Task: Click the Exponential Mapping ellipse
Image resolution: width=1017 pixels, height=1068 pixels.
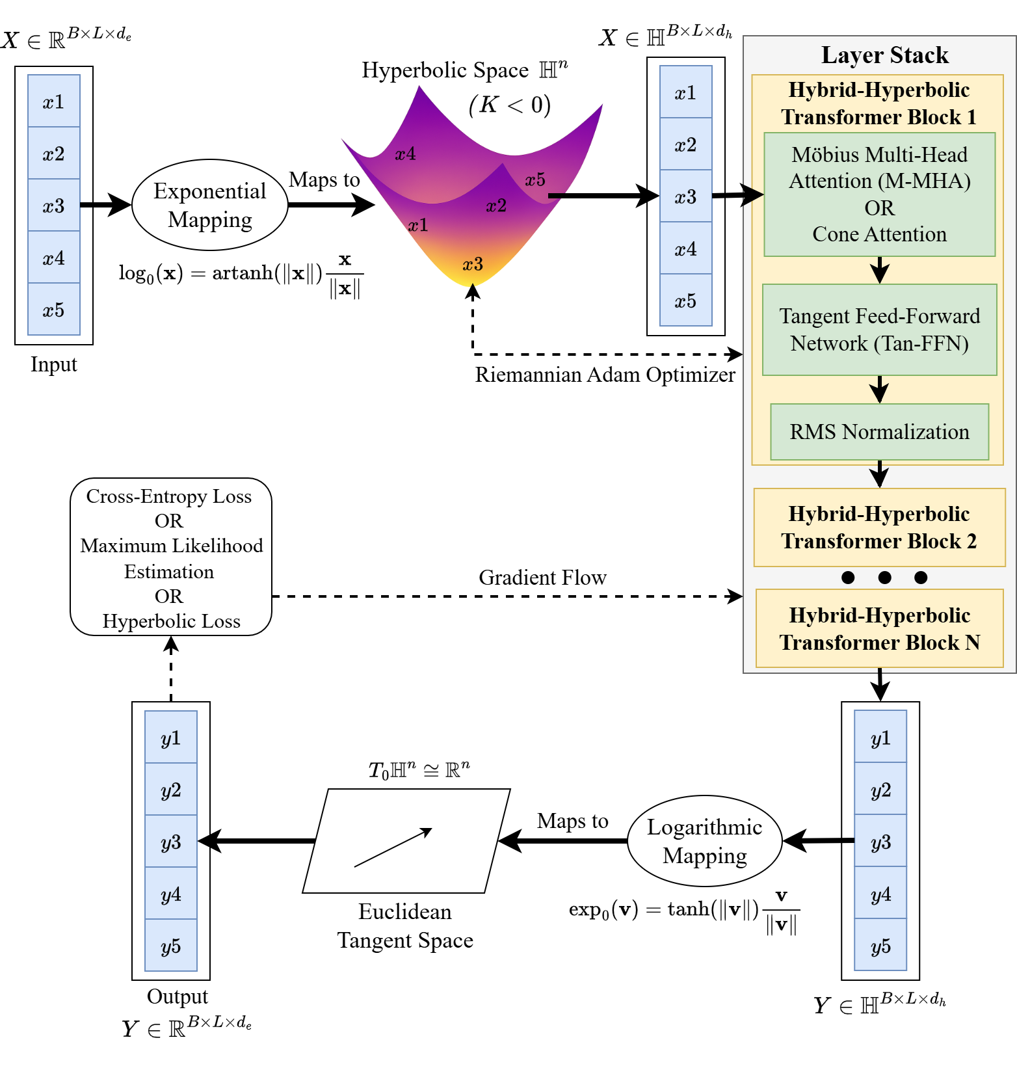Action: coord(209,205)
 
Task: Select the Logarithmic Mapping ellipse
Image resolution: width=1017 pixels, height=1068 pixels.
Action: coord(704,841)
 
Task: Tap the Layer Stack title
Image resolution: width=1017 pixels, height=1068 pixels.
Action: coord(884,55)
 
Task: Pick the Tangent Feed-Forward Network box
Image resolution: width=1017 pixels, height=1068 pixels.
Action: coord(879,330)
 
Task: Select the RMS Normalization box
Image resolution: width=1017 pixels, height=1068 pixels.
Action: coord(879,432)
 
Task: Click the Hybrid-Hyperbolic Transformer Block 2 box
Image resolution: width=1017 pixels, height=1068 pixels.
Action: coord(879,527)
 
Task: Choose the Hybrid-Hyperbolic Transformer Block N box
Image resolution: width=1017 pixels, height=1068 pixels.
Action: coord(879,628)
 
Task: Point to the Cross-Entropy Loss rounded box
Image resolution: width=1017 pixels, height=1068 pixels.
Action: coord(170,557)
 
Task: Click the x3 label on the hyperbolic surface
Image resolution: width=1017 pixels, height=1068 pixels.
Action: coord(473,264)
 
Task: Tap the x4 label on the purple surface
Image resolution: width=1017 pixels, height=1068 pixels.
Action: coord(405,154)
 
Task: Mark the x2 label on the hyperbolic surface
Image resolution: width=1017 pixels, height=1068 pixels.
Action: coord(496,206)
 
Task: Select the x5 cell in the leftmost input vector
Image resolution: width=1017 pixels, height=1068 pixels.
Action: coord(54,310)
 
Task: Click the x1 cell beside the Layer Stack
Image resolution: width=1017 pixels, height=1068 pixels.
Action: coord(685,92)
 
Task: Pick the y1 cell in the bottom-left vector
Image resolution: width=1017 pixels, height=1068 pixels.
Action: coord(170,738)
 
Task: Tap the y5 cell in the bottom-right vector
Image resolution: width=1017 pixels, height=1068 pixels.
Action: coord(880,946)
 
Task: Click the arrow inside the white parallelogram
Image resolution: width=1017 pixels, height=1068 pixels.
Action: coord(393,848)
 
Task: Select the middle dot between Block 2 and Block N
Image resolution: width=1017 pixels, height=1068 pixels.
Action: coord(884,577)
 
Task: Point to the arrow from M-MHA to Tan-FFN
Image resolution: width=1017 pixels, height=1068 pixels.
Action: coord(879,269)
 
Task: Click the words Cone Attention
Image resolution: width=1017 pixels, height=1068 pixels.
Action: coord(879,234)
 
